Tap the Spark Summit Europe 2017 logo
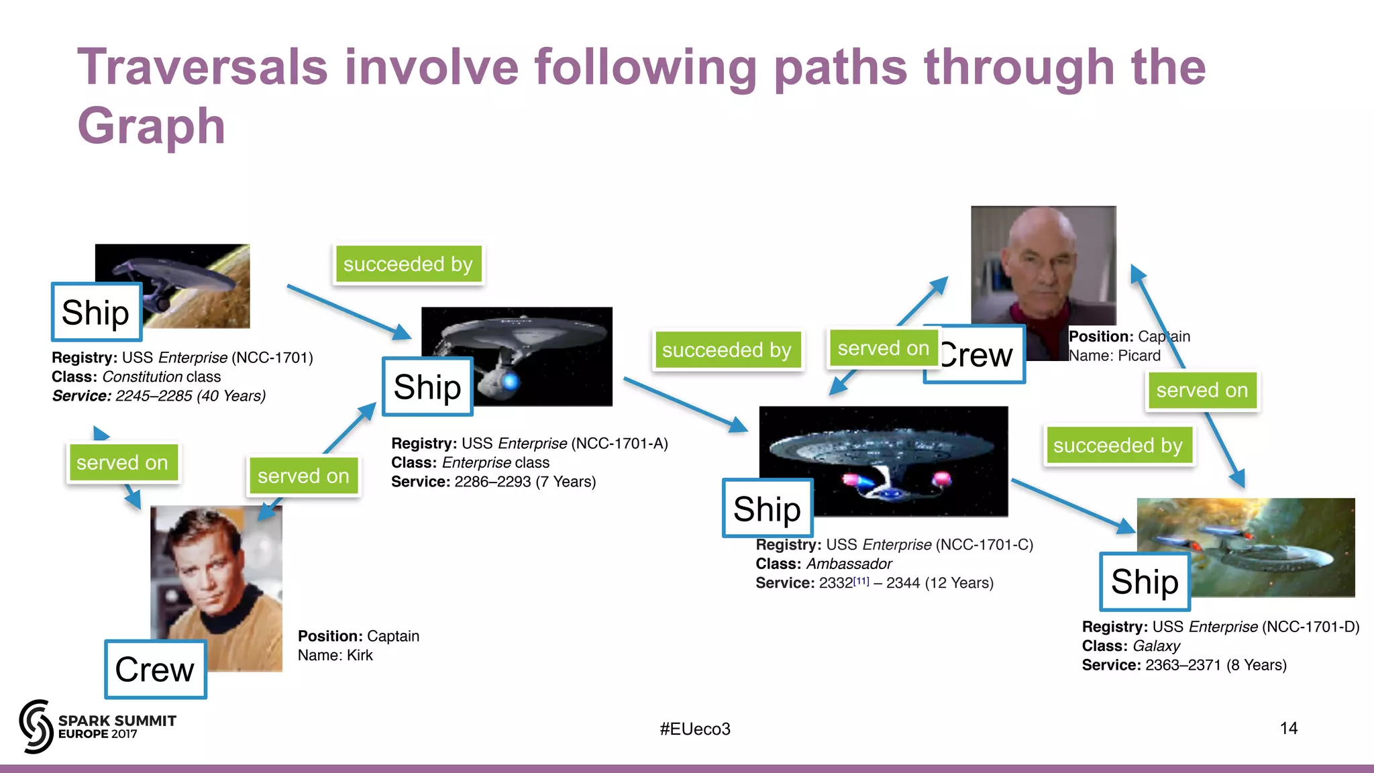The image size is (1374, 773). pyautogui.click(x=97, y=727)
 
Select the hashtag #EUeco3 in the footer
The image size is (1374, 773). pyautogui.click(x=695, y=729)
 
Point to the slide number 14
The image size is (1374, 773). pyautogui.click(x=1288, y=728)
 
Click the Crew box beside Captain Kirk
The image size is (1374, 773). pyautogui.click(x=155, y=670)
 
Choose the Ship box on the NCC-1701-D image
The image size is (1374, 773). pyautogui.click(x=1145, y=582)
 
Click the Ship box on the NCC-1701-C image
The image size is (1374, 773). pyautogui.click(x=767, y=509)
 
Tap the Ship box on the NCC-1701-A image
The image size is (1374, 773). pyautogui.click(x=427, y=387)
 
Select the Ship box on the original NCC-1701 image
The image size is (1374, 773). pyautogui.click(x=96, y=313)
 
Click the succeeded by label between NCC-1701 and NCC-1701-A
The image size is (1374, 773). pyautogui.click(x=408, y=264)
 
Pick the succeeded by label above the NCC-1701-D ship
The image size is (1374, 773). pyautogui.click(x=1118, y=446)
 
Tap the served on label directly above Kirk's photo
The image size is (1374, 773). pyautogui.click(x=303, y=476)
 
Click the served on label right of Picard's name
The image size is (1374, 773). pyautogui.click(x=1202, y=391)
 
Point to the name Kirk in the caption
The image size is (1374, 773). pyautogui.click(x=360, y=656)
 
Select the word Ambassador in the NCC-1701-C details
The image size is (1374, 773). pyautogui.click(x=849, y=564)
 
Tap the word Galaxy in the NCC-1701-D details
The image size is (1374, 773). pyautogui.click(x=1156, y=646)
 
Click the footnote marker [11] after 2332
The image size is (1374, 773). pyautogui.click(x=861, y=580)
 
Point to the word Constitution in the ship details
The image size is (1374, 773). pyautogui.click(x=142, y=377)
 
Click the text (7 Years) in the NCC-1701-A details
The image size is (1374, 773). pyautogui.click(x=566, y=482)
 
